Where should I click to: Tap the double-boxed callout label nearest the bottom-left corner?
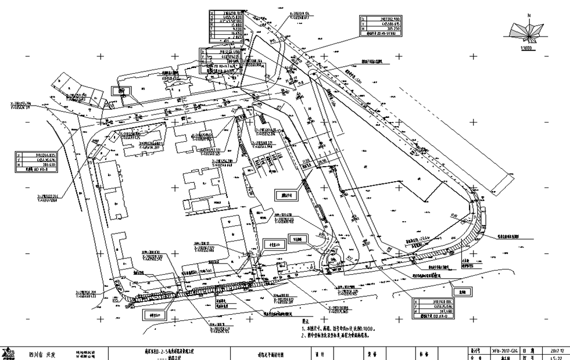click(x=154, y=314)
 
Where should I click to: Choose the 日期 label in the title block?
click(x=525, y=351)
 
